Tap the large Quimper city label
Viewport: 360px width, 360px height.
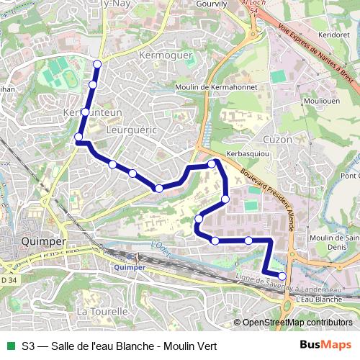pos(45,242)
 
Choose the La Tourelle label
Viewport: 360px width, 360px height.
pos(102,311)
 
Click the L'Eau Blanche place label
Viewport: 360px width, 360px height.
pos(318,298)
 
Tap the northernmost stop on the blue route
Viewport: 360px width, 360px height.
pos(97,64)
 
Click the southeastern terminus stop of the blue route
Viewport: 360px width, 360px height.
pos(282,276)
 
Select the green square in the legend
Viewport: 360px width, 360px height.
pos(9,346)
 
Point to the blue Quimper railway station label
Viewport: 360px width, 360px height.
pos(130,267)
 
